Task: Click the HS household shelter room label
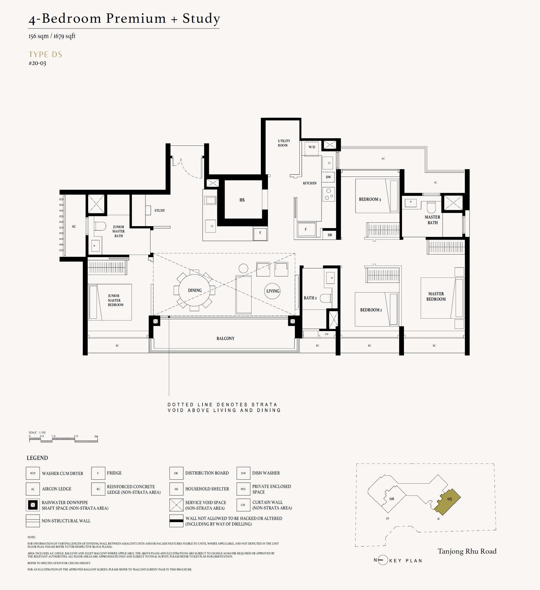click(x=242, y=200)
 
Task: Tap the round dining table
click(x=194, y=290)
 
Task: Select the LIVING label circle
click(x=272, y=291)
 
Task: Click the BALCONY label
click(x=225, y=338)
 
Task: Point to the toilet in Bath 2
click(x=326, y=298)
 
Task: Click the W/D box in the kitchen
click(x=312, y=147)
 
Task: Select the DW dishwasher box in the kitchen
click(x=328, y=177)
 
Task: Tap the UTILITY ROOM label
click(x=283, y=143)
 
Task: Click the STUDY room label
click(x=160, y=210)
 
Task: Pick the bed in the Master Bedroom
click(x=442, y=298)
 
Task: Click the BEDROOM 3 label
click(x=370, y=199)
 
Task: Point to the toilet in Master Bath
click(x=431, y=206)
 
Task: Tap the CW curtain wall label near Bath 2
click(x=326, y=334)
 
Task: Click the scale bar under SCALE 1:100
click(x=63, y=439)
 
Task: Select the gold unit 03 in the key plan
click(x=448, y=501)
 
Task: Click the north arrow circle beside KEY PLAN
click(x=383, y=560)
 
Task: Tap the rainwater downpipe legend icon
click(x=33, y=505)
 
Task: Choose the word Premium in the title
click(x=136, y=18)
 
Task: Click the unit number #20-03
click(x=37, y=63)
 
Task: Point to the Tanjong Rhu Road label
click(x=467, y=551)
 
